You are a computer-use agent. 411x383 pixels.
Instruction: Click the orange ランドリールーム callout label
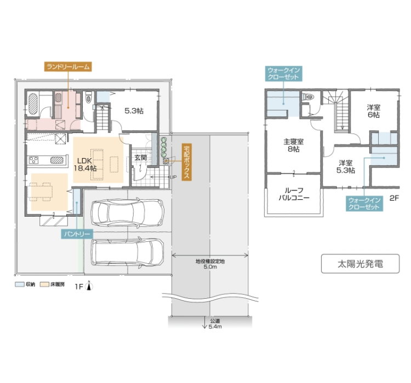pyautogui.click(x=68, y=67)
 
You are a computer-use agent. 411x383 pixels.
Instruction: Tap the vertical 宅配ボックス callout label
pyautogui.click(x=186, y=162)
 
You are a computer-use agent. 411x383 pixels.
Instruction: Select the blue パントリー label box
pyautogui.click(x=77, y=234)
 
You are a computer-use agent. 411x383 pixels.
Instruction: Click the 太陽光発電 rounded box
pyautogui.click(x=360, y=264)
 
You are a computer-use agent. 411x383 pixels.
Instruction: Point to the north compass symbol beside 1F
pyautogui.click(x=89, y=286)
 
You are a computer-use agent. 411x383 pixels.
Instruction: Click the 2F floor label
pyautogui.click(x=393, y=198)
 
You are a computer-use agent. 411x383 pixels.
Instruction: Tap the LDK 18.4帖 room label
pyautogui.click(x=85, y=164)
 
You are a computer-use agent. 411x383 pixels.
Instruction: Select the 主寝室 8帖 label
pyautogui.click(x=293, y=146)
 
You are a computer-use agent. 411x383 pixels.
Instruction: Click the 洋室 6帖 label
pyautogui.click(x=373, y=111)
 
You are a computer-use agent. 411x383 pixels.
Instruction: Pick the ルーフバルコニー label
pyautogui.click(x=294, y=194)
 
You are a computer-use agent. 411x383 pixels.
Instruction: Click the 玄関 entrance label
pyautogui.click(x=140, y=158)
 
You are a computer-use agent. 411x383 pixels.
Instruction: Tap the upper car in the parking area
pyautogui.click(x=127, y=212)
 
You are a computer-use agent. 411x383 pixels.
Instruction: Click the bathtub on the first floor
pyautogui.click(x=33, y=103)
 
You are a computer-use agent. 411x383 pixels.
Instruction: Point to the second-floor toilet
pyautogui.click(x=308, y=97)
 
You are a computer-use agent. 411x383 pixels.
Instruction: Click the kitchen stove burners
pyautogui.click(x=34, y=160)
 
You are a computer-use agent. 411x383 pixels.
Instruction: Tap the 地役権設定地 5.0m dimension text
pyautogui.click(x=210, y=264)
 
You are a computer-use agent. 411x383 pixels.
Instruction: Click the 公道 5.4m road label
pyautogui.click(x=215, y=324)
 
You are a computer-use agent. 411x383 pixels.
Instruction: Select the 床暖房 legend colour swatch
pyautogui.click(x=44, y=285)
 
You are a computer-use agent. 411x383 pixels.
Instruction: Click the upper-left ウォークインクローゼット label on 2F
pyautogui.click(x=283, y=73)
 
